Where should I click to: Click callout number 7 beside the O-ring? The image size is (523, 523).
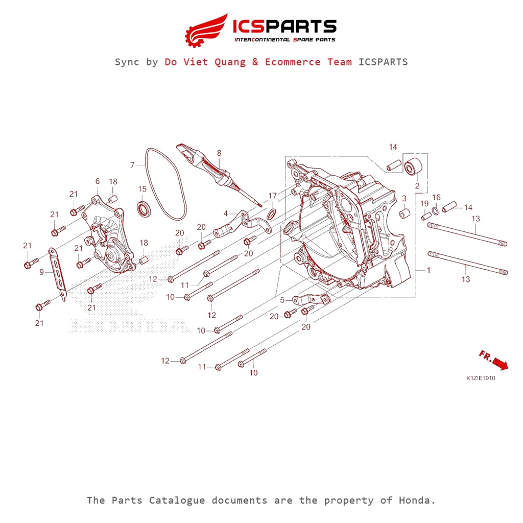[x=132, y=165]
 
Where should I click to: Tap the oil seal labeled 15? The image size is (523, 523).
[x=145, y=208]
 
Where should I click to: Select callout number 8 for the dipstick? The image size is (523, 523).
[x=219, y=153]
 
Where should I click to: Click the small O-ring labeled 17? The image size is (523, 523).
[x=273, y=211]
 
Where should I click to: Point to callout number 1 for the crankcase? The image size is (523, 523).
[x=428, y=270]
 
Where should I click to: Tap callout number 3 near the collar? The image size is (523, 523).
[x=403, y=198]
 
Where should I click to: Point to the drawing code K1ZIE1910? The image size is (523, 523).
[x=481, y=379]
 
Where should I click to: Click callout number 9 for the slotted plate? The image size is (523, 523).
[x=42, y=273]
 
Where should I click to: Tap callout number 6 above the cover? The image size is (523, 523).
[x=97, y=181]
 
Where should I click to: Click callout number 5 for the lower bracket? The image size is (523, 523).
[x=282, y=300]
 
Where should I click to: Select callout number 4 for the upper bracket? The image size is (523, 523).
[x=225, y=213]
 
